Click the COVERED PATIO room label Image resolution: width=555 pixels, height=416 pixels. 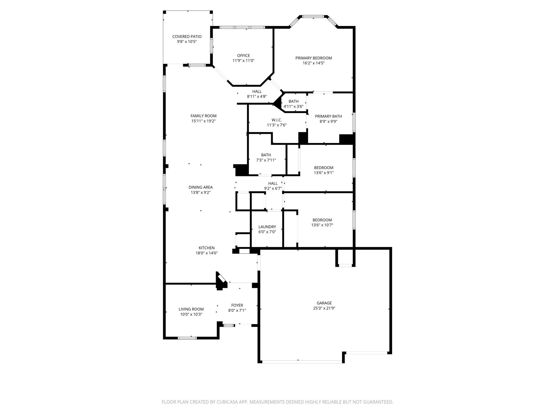(x=187, y=37)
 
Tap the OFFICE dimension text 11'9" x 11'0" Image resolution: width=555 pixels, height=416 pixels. (x=243, y=61)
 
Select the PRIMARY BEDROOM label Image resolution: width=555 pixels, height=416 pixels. (x=314, y=58)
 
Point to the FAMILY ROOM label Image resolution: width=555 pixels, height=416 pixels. (x=203, y=116)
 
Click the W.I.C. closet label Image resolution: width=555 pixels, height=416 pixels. (x=277, y=120)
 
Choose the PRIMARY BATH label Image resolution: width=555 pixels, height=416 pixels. (x=328, y=116)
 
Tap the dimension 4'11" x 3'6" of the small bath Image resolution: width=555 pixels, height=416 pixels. (x=293, y=106)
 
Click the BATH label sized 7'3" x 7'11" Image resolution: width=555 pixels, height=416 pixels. (x=266, y=155)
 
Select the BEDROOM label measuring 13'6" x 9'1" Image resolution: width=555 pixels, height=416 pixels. (x=324, y=168)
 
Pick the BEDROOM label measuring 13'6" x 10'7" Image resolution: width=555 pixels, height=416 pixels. (x=322, y=220)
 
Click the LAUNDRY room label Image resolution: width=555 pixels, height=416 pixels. (x=267, y=227)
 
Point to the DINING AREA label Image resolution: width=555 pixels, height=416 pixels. (x=201, y=187)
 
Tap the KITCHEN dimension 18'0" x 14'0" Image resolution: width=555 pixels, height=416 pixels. (x=206, y=253)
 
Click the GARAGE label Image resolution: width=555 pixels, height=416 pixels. (x=324, y=303)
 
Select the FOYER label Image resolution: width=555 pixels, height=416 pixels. (x=237, y=305)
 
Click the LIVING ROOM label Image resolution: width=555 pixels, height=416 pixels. (x=191, y=309)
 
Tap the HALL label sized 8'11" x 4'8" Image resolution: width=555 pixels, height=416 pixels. (x=257, y=92)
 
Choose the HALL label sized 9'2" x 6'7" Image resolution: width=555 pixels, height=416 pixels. (x=273, y=183)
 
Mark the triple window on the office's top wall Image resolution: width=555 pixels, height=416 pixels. (x=242, y=27)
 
